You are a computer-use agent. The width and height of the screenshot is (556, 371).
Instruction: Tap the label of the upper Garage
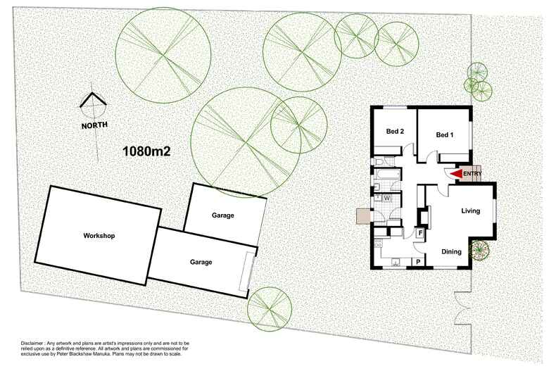point(222,215)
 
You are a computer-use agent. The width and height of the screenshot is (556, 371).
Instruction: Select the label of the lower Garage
point(201,262)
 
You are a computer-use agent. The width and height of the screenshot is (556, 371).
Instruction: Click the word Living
point(470,211)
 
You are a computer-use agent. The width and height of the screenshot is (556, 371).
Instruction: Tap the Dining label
point(452,251)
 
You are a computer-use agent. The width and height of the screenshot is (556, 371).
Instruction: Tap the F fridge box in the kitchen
point(421,232)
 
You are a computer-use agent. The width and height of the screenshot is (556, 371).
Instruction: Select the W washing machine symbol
point(387,199)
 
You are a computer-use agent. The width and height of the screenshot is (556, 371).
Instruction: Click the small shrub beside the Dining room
point(480,249)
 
